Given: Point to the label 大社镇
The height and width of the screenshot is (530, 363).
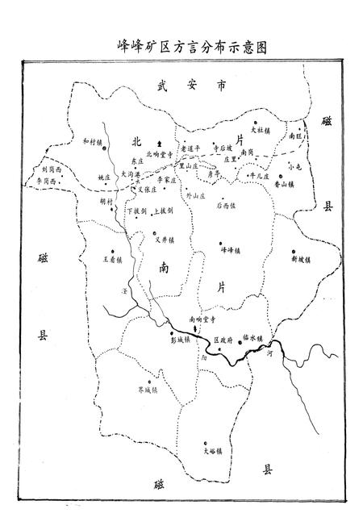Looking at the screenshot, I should point(261,130).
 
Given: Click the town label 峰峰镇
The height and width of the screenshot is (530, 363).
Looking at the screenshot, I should point(232,250).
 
